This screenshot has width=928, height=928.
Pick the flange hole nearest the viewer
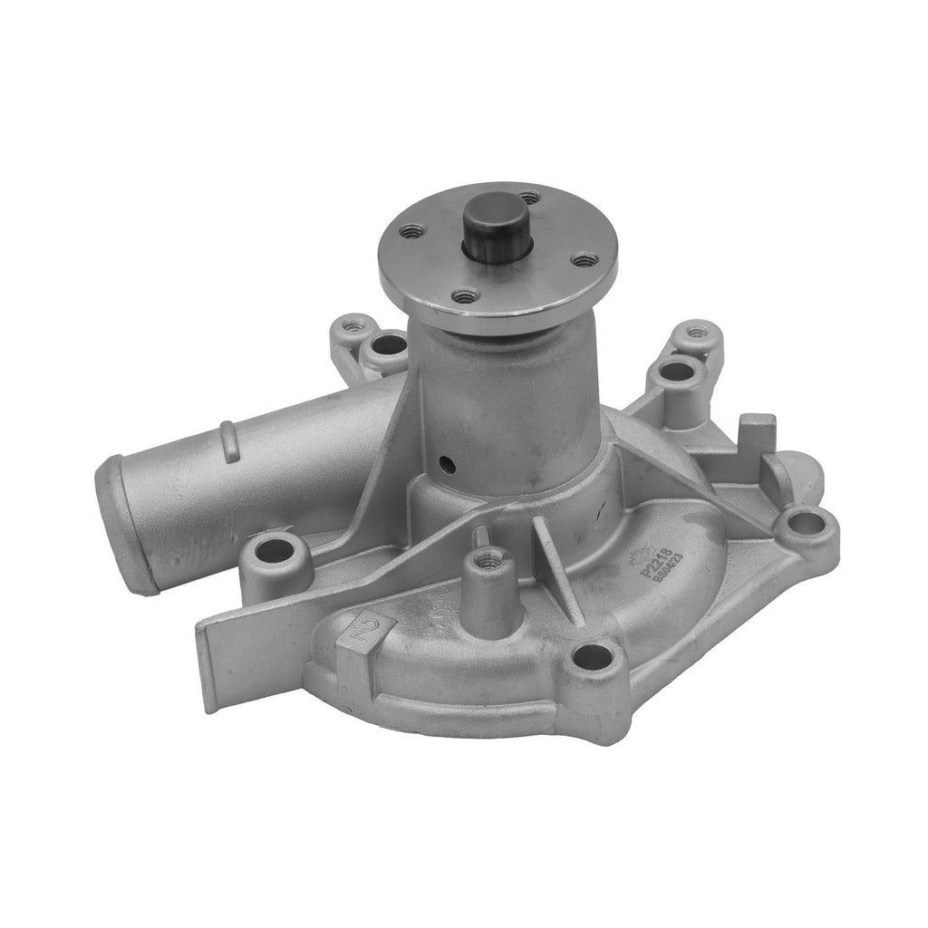(x=466, y=295)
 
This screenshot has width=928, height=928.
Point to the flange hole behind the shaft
(x=530, y=196)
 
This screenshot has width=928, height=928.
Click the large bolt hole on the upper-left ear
(x=391, y=343)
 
